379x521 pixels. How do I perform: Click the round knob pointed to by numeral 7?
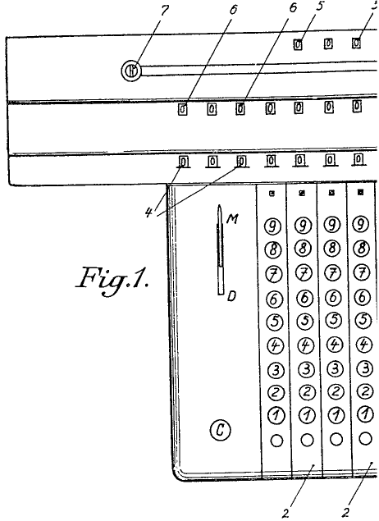pyautogui.click(x=131, y=71)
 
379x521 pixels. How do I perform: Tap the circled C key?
pyautogui.click(x=220, y=430)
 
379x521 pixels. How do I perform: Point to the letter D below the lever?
pyautogui.click(x=231, y=296)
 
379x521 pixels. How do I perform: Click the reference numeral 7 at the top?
pyautogui.click(x=164, y=11)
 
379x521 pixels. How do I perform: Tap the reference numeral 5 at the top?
pyautogui.click(x=319, y=7)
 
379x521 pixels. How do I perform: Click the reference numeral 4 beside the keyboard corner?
pyautogui.click(x=148, y=212)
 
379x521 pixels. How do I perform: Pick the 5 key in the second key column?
pyautogui.click(x=304, y=321)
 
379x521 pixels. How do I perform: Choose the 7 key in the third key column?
pyautogui.click(x=332, y=273)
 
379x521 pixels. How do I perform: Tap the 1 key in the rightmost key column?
pyautogui.click(x=365, y=414)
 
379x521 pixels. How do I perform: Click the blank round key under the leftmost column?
pyautogui.click(x=276, y=441)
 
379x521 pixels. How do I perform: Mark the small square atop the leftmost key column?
pyautogui.click(x=272, y=193)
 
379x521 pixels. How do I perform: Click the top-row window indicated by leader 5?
pyautogui.click(x=298, y=44)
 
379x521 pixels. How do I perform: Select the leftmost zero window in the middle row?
pyautogui.click(x=183, y=109)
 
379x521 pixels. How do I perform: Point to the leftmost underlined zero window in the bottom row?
pyautogui.click(x=184, y=162)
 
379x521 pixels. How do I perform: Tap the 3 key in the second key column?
pyautogui.click(x=306, y=369)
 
